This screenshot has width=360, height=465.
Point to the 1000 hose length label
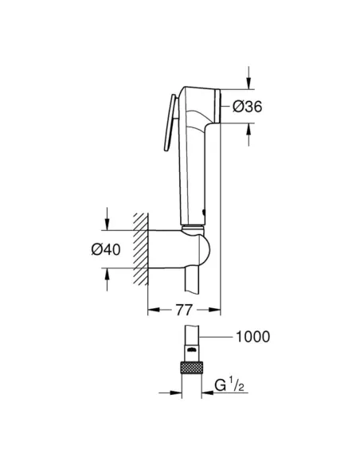point(252,337)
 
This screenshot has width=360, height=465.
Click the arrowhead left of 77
point(153,310)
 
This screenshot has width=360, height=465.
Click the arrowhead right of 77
point(215,310)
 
